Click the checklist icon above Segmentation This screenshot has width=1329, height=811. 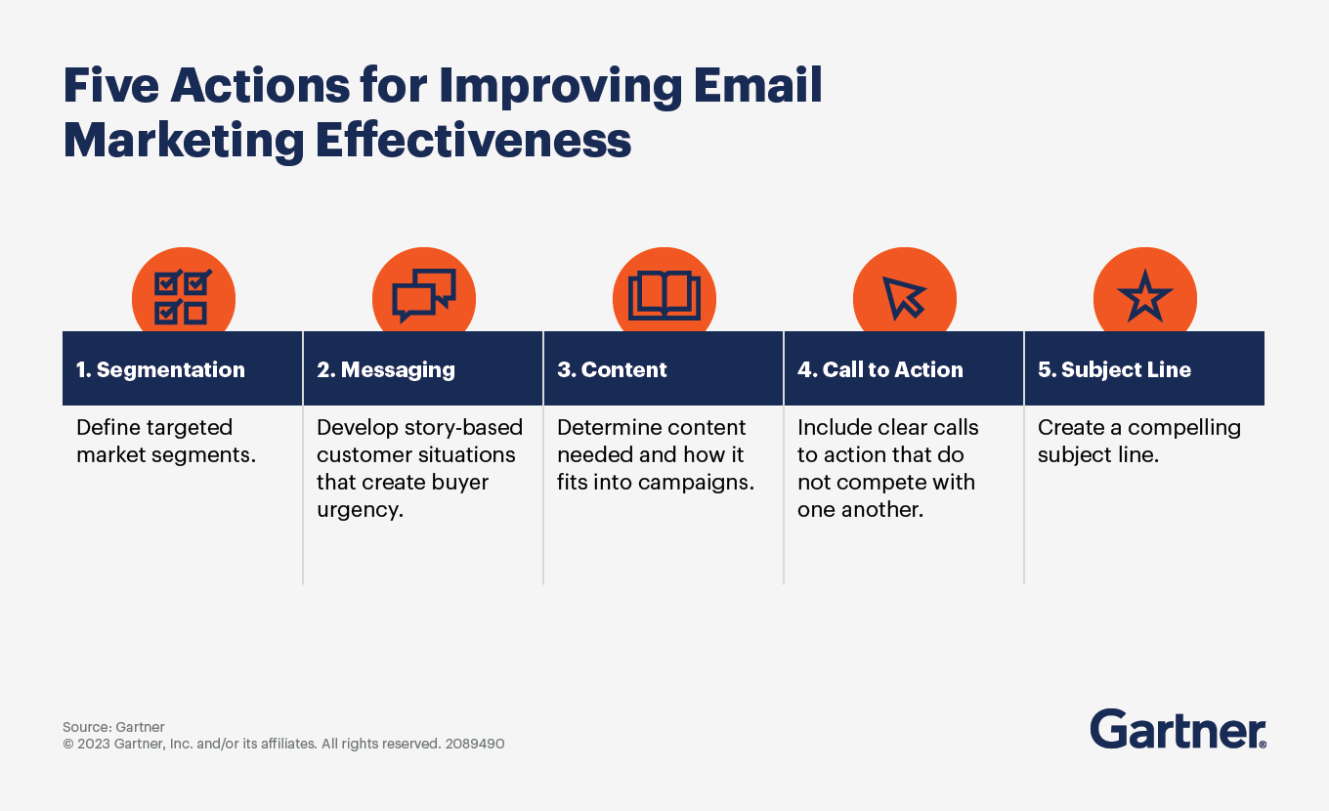pyautogui.click(x=183, y=297)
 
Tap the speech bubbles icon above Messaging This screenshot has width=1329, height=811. pyautogui.click(x=424, y=295)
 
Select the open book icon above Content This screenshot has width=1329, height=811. pyautogui.click(x=664, y=295)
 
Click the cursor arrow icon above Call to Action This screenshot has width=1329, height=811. pyautogui.click(x=904, y=297)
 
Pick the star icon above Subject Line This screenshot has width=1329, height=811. pyautogui.click(x=1144, y=296)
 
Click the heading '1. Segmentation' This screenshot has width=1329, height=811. pyautogui.click(x=160, y=369)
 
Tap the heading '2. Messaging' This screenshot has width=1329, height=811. pyautogui.click(x=386, y=370)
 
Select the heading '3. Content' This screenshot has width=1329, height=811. pyautogui.click(x=612, y=369)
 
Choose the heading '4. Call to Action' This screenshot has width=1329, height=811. pyautogui.click(x=879, y=369)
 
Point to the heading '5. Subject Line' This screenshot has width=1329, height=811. pyautogui.click(x=1114, y=369)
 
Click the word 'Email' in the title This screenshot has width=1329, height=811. pyautogui.click(x=757, y=85)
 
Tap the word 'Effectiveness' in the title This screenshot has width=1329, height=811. pyautogui.click(x=473, y=141)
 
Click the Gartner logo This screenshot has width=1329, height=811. pyautogui.click(x=1178, y=729)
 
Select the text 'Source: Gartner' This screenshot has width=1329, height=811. pyautogui.click(x=113, y=727)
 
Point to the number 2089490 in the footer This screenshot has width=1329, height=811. pyautogui.click(x=475, y=744)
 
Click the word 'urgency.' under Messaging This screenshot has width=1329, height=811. pyautogui.click(x=360, y=510)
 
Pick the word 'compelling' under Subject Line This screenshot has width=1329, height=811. pyautogui.click(x=1184, y=428)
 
